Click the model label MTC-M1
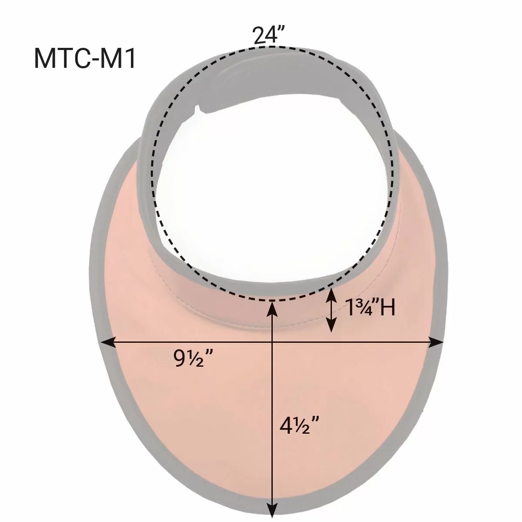(x=84, y=59)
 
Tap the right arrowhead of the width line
(x=436, y=343)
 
